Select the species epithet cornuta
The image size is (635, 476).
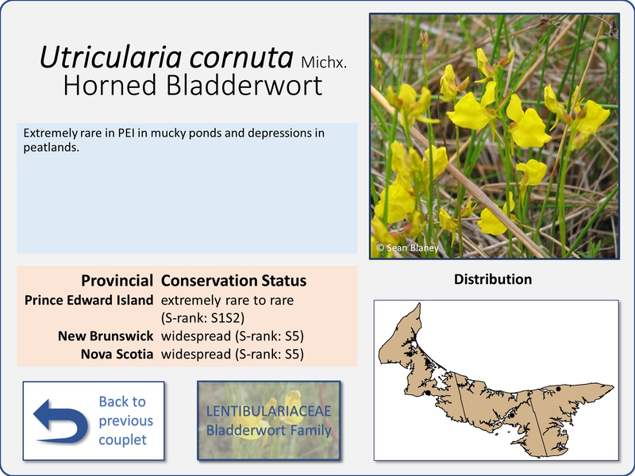click(x=241, y=57)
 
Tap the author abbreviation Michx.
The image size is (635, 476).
click(x=324, y=63)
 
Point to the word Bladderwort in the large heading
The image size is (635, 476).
click(x=244, y=85)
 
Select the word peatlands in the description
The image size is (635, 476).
click(x=51, y=148)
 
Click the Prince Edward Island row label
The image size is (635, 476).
click(x=89, y=301)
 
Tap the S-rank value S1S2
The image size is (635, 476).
click(x=226, y=318)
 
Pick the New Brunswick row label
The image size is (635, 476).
click(x=106, y=336)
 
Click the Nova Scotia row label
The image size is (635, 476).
click(x=117, y=354)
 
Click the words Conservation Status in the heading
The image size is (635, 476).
click(x=233, y=281)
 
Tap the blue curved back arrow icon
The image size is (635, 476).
click(x=61, y=421)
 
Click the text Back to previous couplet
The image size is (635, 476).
click(x=125, y=420)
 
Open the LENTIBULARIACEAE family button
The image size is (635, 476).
click(x=269, y=420)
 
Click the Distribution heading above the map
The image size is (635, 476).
click(x=493, y=279)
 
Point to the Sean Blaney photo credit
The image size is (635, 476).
click(x=407, y=248)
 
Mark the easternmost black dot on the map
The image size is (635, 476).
click(x=559, y=389)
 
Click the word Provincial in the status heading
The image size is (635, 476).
click(x=117, y=281)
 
